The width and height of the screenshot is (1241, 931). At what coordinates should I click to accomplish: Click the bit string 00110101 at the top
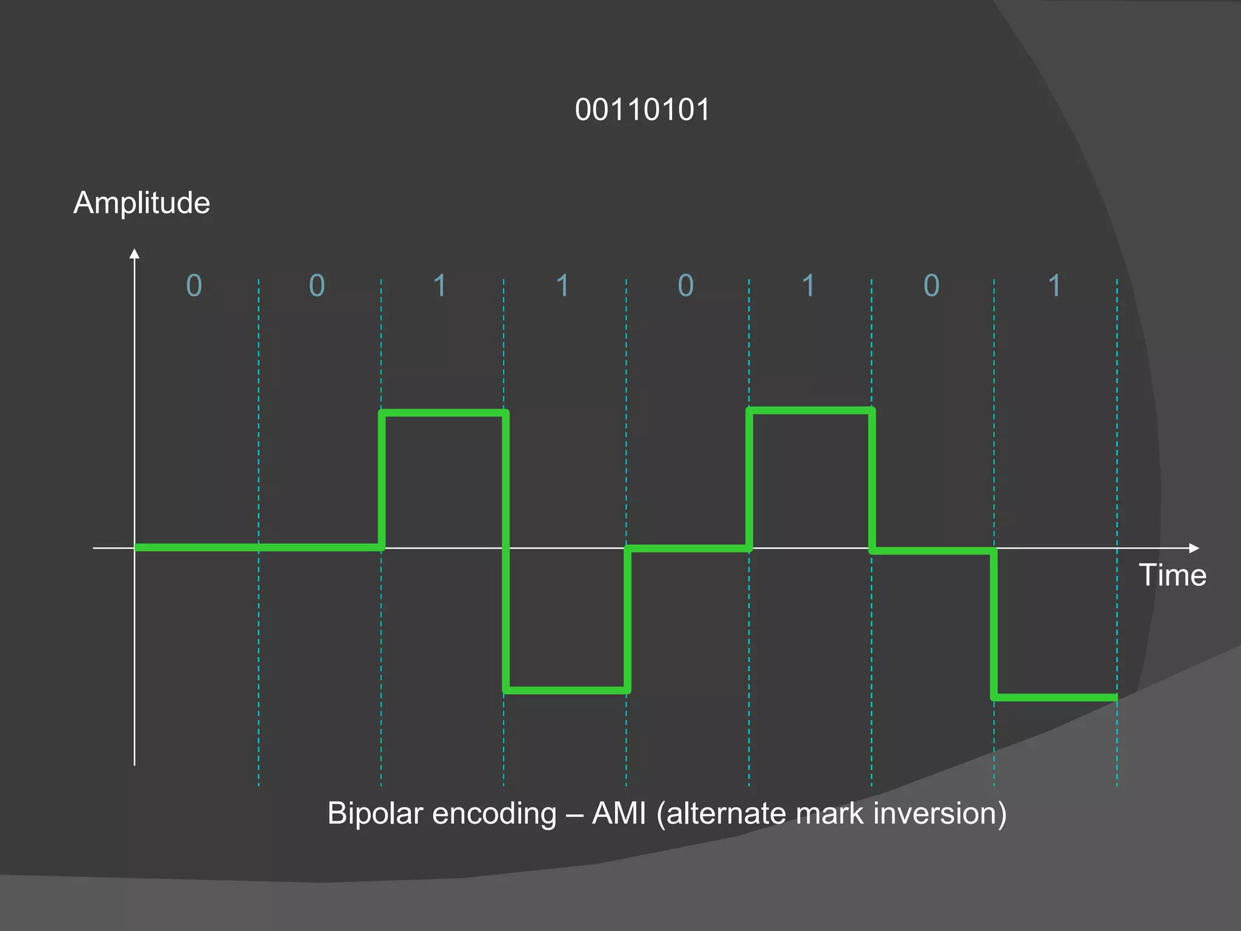[642, 110]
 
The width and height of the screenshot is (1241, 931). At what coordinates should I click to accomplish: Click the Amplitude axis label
[142, 202]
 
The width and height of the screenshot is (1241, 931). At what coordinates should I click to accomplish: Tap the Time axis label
[1172, 575]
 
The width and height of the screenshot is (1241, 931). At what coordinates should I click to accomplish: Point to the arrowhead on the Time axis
[1194, 548]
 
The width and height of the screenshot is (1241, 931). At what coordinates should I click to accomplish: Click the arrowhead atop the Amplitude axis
[135, 253]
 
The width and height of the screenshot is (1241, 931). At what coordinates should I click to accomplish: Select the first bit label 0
[194, 285]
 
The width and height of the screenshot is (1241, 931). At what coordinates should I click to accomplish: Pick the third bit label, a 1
[440, 285]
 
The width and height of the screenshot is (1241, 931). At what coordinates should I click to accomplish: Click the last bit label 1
[1054, 285]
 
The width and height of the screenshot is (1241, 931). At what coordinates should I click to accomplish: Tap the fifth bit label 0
[685, 285]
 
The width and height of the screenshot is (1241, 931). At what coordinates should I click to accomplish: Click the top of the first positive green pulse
[444, 413]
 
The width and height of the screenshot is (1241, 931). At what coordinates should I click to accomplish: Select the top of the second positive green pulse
[811, 411]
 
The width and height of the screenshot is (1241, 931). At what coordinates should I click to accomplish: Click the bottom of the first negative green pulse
[566, 690]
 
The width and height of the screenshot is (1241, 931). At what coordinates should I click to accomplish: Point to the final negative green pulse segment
[1056, 698]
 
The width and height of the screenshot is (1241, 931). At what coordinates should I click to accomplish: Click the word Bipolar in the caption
[373, 813]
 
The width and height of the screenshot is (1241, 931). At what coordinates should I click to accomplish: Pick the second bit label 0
[317, 285]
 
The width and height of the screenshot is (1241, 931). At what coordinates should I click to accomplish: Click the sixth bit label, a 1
[808, 285]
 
